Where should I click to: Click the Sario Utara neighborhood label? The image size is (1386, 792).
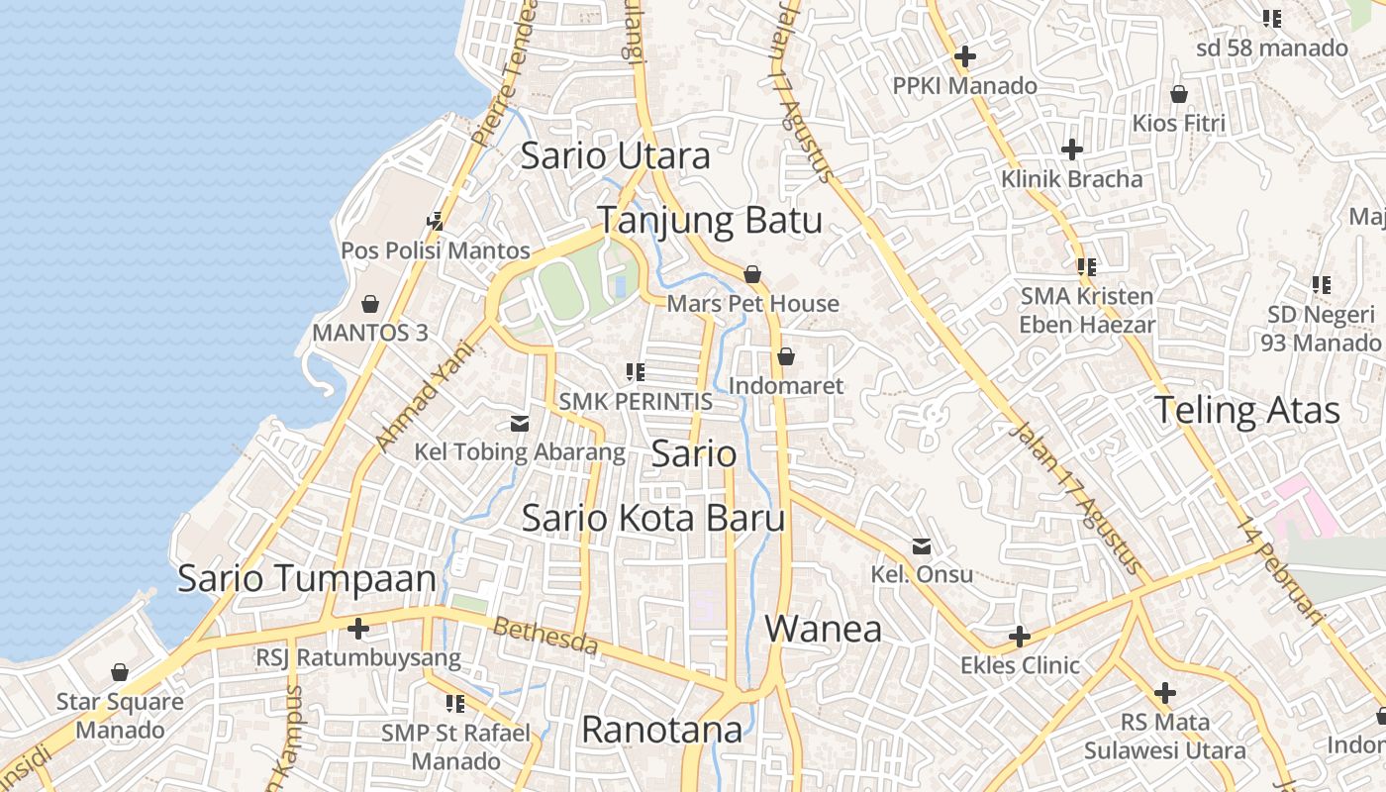(615, 156)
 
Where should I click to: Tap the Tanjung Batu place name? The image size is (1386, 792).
(709, 221)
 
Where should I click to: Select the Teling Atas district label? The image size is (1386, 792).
(1246, 410)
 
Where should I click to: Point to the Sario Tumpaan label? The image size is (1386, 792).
(306, 579)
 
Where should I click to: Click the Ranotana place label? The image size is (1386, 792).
(661, 730)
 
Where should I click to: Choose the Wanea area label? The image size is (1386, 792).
(823, 629)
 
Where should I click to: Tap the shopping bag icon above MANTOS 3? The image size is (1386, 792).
(370, 303)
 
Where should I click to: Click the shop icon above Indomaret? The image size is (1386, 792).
(786, 355)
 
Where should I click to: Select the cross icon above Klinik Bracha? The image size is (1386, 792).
(1071, 149)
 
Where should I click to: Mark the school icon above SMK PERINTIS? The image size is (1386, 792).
(636, 372)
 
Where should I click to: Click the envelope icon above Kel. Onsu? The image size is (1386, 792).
(922, 545)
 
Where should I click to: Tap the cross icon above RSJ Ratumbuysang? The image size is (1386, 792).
(358, 628)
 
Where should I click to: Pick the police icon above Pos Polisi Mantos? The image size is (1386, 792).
(435, 221)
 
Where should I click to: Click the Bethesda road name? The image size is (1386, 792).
(545, 637)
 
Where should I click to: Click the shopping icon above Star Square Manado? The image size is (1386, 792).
(120, 673)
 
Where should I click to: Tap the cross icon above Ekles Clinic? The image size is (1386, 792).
(1020, 636)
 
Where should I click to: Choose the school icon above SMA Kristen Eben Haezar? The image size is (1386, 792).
(1087, 266)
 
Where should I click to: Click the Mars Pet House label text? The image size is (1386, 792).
(752, 304)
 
